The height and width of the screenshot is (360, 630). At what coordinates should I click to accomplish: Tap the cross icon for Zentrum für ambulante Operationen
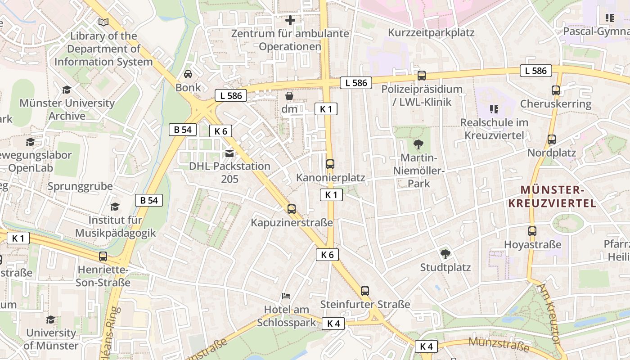(290, 20)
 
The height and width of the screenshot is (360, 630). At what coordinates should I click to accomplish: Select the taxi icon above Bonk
(188, 74)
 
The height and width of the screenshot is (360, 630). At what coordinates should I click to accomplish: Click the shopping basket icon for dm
(289, 96)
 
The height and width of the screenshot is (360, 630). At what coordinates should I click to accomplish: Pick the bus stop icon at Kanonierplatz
(330, 164)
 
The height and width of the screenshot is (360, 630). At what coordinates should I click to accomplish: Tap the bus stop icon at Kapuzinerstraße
(292, 209)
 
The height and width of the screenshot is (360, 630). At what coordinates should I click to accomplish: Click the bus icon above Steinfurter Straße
(365, 291)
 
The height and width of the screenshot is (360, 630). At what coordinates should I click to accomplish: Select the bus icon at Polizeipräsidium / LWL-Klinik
(422, 76)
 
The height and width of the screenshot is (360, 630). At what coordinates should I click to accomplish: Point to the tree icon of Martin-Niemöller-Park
(418, 144)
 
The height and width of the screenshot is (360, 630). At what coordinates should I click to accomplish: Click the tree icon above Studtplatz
(445, 254)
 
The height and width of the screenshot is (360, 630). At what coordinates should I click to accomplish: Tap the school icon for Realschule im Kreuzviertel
(494, 109)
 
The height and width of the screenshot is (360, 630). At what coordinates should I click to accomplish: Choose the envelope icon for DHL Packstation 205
(229, 153)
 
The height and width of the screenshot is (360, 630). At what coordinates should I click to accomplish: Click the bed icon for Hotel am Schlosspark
(286, 296)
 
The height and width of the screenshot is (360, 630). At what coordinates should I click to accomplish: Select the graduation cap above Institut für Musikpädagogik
(115, 207)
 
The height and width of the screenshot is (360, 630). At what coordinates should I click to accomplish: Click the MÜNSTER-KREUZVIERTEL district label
(552, 196)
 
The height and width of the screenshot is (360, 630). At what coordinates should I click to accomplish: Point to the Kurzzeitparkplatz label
(431, 33)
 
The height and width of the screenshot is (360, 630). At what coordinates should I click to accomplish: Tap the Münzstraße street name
(499, 344)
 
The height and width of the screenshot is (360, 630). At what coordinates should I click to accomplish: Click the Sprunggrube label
(80, 186)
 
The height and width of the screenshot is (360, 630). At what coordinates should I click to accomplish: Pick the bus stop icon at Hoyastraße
(532, 231)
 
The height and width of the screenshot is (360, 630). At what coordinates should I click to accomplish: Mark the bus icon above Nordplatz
(552, 139)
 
